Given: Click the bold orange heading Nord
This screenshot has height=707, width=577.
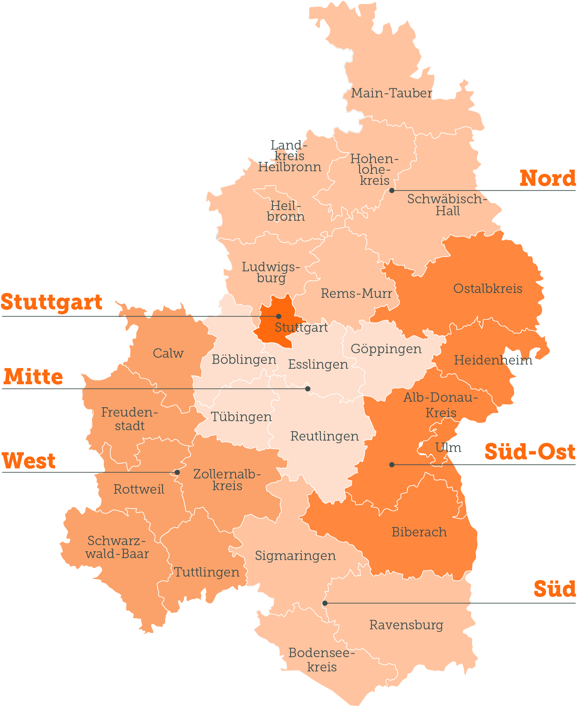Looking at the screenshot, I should point(548,179).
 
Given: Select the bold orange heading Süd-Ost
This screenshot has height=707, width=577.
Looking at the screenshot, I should point(530,452).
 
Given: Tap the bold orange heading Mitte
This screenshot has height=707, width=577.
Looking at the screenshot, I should point(33,377).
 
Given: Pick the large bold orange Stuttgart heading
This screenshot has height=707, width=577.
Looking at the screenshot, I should point(51,302).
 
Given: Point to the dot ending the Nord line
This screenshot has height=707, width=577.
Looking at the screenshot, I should point(392,191).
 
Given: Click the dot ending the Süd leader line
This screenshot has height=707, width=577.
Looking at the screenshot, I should point(325,603).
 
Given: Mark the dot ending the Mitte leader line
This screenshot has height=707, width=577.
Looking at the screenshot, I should point(308,389).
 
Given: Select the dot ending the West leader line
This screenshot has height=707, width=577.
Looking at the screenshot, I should point(178,472).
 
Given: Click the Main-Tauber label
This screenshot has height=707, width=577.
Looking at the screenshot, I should point(392,93).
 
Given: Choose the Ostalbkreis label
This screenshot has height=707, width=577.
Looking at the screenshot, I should point(488,289).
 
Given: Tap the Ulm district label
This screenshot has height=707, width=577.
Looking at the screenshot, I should point(448,448).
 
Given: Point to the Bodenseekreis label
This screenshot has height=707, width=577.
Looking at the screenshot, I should point(322,660).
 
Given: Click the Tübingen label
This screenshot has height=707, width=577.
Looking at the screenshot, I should point(242,417).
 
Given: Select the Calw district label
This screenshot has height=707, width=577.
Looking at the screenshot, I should point(168,353).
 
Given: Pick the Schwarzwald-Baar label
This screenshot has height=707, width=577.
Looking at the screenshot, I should point(117,547).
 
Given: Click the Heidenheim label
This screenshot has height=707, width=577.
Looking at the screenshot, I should point(493,360).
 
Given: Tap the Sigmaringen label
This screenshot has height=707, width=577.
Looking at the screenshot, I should point(296,555).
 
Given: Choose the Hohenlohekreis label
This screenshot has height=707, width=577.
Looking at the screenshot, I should point(375,170).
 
